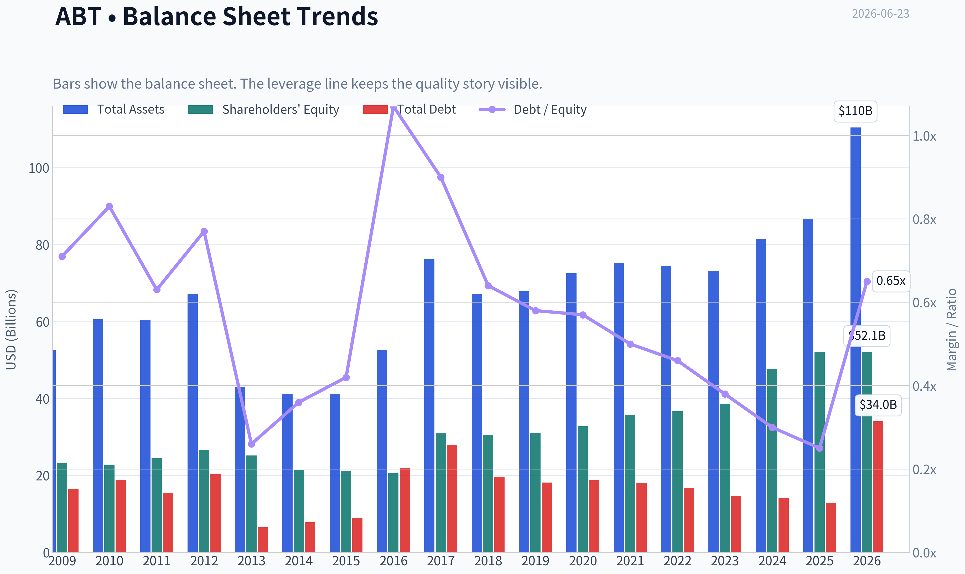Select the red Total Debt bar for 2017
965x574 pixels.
[x=452, y=499]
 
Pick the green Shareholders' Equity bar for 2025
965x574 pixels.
[x=819, y=452]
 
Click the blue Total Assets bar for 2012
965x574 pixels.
[x=193, y=423]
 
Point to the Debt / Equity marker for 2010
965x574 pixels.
[x=109, y=207]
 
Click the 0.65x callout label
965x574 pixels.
[x=890, y=281]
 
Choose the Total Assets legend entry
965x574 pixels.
[x=114, y=109]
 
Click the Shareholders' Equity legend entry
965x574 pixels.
[x=263, y=109]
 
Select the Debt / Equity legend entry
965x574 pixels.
[x=533, y=109]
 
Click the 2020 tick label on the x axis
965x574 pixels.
[x=583, y=561]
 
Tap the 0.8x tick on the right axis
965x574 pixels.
[x=924, y=219]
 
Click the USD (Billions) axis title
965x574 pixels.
[x=11, y=330]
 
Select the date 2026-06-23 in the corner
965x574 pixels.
[x=880, y=14]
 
